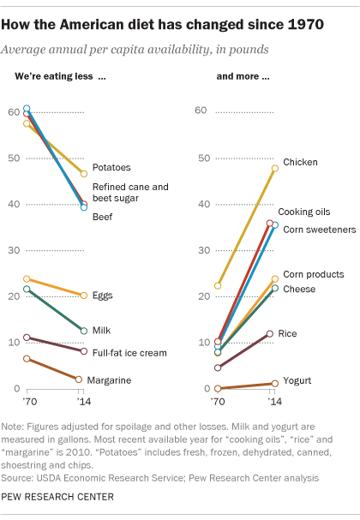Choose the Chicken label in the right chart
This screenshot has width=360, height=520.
(301, 162)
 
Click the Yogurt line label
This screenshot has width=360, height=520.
(298, 380)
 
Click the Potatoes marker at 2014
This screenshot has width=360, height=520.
(83, 174)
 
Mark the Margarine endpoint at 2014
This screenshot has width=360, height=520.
(79, 380)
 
